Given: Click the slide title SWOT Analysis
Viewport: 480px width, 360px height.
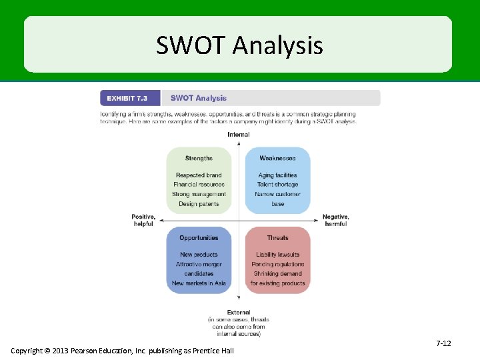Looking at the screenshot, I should click(x=239, y=45).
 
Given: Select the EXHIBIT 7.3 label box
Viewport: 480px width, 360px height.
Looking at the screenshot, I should click(x=130, y=98).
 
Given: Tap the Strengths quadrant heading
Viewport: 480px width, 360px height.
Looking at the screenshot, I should click(x=199, y=158).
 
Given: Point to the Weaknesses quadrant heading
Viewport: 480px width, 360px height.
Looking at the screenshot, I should click(x=277, y=158).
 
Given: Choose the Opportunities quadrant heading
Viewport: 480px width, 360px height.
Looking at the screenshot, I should click(x=199, y=237).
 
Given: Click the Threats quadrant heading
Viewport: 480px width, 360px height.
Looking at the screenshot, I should click(x=277, y=237).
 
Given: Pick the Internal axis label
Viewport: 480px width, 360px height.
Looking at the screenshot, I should click(x=239, y=135).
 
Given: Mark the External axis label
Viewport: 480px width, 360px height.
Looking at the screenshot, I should click(x=239, y=312).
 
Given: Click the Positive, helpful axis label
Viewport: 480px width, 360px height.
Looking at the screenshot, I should click(x=143, y=220).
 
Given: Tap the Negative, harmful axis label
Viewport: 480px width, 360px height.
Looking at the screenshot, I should click(x=335, y=220).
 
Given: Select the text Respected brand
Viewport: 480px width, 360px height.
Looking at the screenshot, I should click(x=199, y=175).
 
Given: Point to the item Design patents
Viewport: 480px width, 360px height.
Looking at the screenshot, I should click(x=199, y=204).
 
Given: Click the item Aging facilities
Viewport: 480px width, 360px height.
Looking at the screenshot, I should click(x=277, y=175).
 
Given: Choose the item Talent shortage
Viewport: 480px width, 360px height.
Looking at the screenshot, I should click(x=277, y=185).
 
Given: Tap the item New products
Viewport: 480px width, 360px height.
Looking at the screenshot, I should click(x=199, y=255).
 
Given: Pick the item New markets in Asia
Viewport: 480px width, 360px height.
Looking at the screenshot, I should click(x=199, y=283).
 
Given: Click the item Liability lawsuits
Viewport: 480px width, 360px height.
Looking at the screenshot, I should click(x=277, y=255).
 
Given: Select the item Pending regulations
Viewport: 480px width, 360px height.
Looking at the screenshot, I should click(x=277, y=264).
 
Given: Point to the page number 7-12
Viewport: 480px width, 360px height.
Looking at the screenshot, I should click(x=443, y=343).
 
